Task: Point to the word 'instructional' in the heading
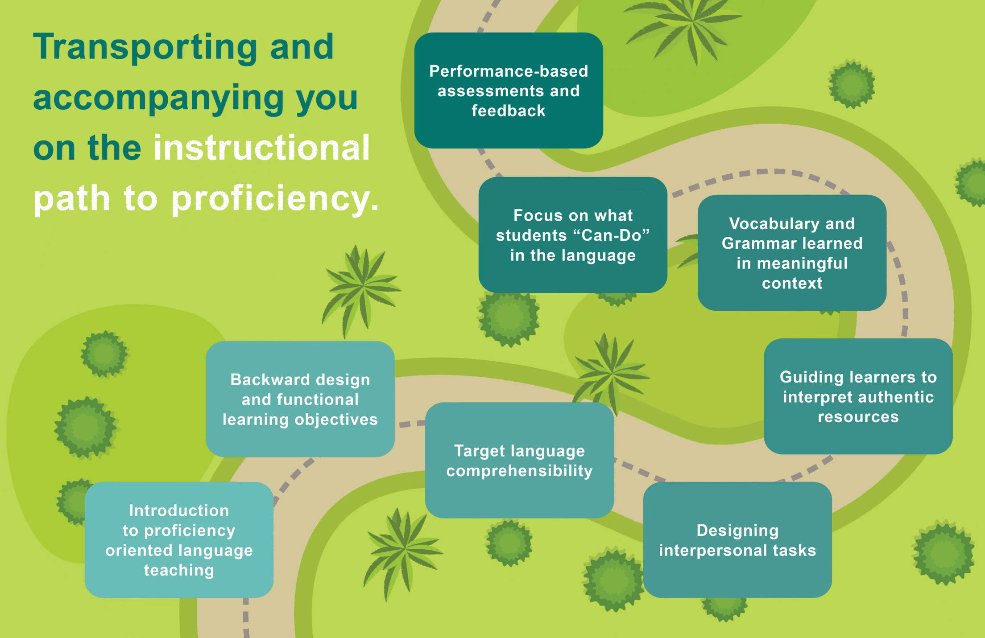coord(261,148)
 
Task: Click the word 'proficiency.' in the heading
coord(275,198)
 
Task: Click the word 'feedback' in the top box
coord(509,111)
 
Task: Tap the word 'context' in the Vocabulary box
coord(792,284)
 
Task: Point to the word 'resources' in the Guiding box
coord(858,417)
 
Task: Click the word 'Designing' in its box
coord(737,531)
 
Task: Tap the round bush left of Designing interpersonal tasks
coord(613,580)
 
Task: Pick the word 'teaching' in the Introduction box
coord(179,570)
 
